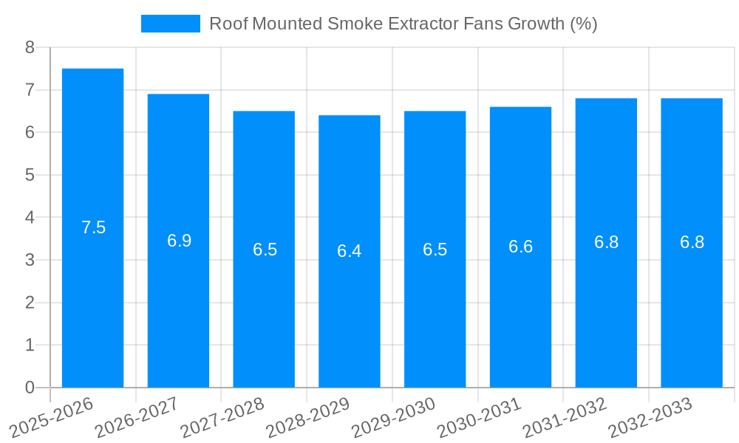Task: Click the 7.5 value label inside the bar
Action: [x=94, y=227]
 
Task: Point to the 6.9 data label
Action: [x=179, y=241]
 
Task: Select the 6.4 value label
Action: [x=349, y=251]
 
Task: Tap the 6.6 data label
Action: [x=520, y=247]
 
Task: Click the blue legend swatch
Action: [x=170, y=24]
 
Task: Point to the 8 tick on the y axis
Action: [x=30, y=47]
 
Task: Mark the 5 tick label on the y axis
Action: [x=30, y=175]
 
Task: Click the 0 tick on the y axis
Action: [x=30, y=388]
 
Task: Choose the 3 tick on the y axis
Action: [x=30, y=260]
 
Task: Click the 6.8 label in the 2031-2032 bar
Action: [x=606, y=242]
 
